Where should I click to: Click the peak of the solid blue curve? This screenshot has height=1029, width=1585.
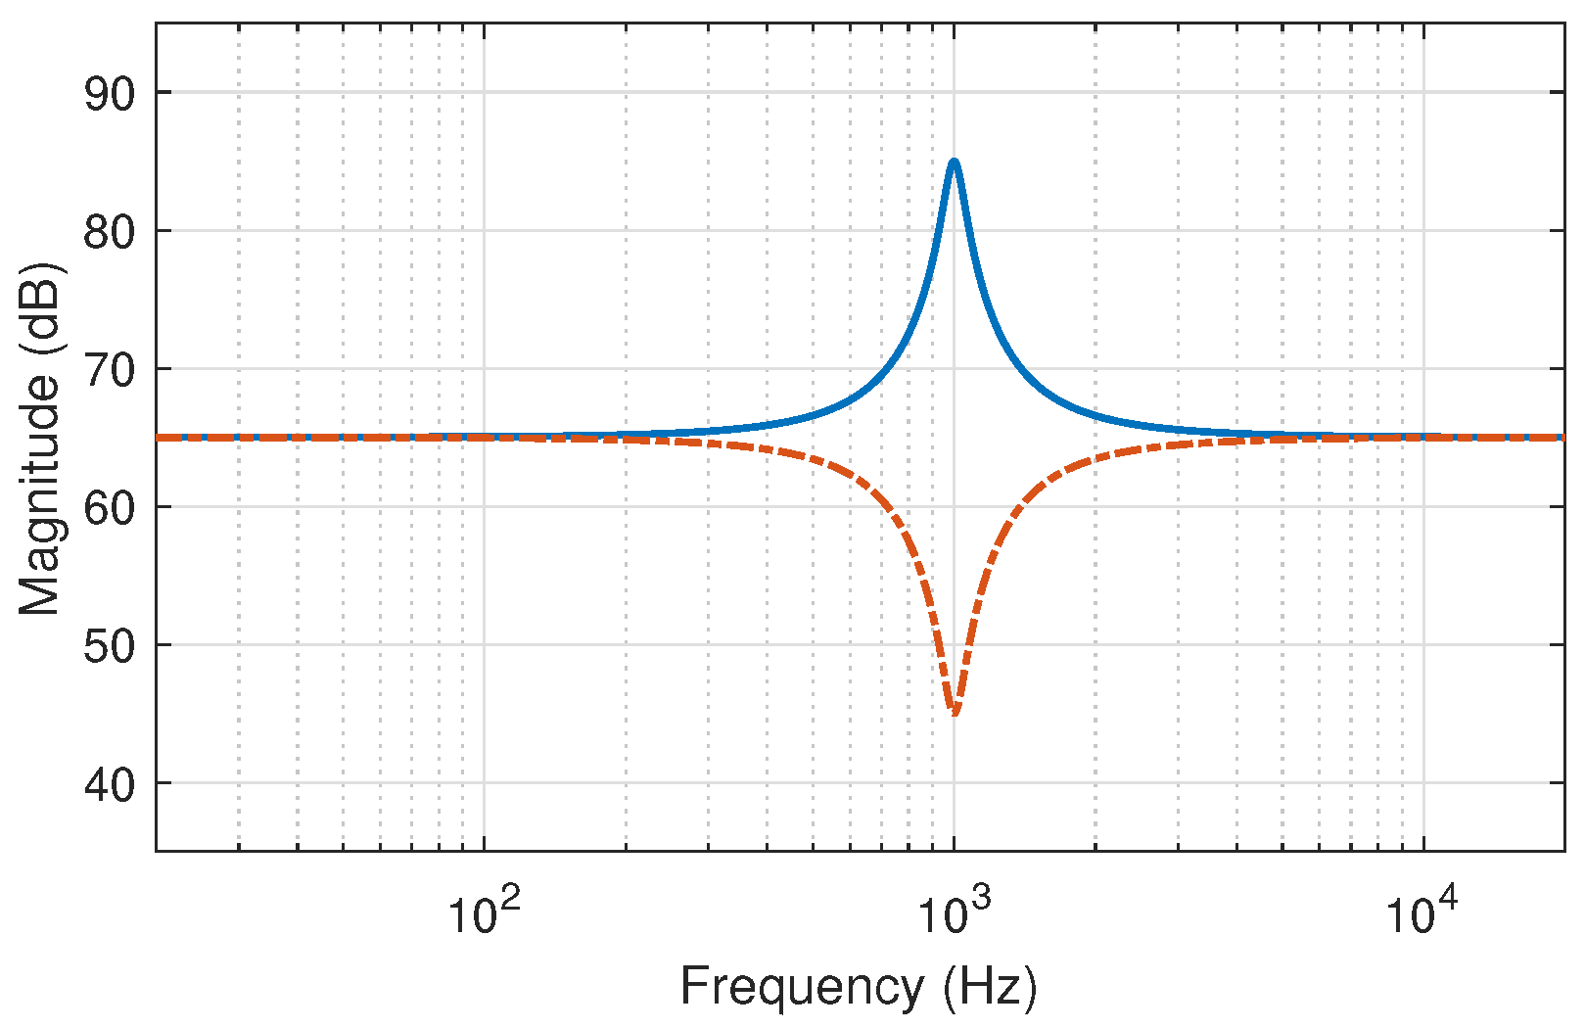[x=954, y=162]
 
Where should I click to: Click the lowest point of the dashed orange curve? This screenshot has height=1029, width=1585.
[x=955, y=712]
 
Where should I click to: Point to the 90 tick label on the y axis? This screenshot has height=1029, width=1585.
[x=109, y=93]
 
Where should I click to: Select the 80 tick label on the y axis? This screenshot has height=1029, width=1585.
[x=109, y=231]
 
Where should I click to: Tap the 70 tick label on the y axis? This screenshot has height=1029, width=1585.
[x=109, y=369]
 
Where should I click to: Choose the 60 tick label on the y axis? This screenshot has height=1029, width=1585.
[x=109, y=507]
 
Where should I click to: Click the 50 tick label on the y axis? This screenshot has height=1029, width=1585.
[x=109, y=645]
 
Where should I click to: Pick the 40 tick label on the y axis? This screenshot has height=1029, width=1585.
[x=109, y=783]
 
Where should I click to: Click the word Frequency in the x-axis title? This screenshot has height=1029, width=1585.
[x=802, y=987]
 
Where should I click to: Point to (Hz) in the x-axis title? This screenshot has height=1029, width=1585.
[x=990, y=987]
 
